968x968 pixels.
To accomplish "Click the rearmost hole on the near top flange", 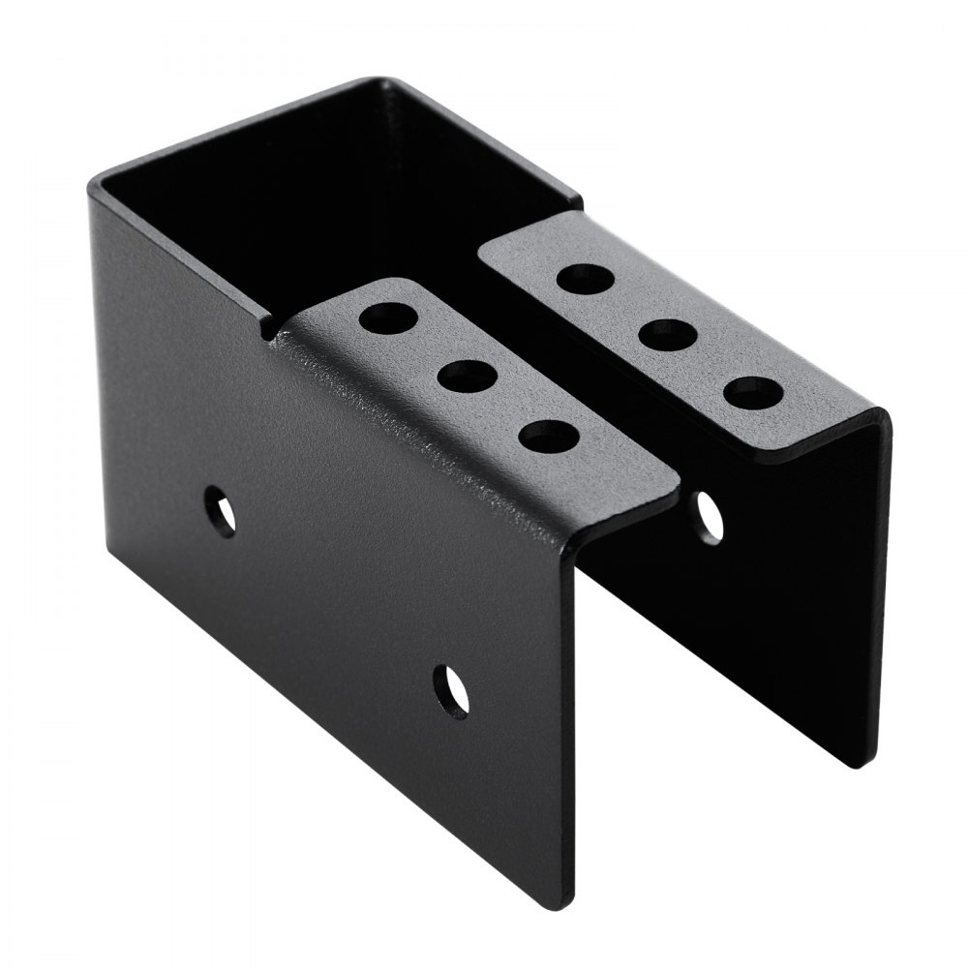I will (385, 317).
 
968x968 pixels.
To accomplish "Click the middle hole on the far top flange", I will (670, 336).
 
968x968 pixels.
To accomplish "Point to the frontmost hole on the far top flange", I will (754, 392).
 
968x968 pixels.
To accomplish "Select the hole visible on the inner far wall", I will (710, 516).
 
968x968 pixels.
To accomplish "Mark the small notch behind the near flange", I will (269, 330).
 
